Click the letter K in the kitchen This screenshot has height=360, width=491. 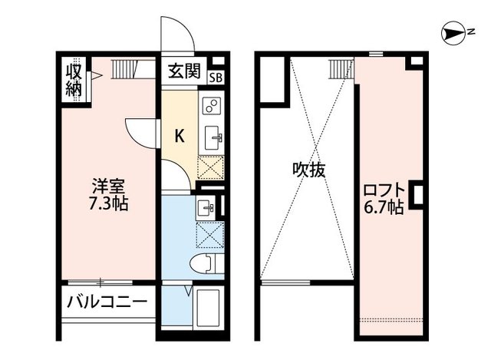coord(180,137)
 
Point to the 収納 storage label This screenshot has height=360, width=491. coord(73,79)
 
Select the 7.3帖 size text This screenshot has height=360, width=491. coord(108,205)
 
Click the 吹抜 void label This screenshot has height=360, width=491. coord(308,170)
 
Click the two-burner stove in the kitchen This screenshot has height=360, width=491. coord(212,106)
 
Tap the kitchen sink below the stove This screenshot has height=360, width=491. coord(212,137)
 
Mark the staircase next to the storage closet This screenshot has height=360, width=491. coord(127,71)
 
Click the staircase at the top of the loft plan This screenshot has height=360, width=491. coord(340,69)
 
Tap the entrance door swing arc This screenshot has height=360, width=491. coord(174,35)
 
